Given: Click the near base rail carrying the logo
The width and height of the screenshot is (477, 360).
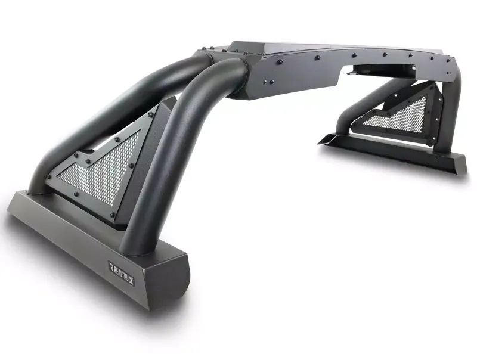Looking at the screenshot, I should pyautogui.click(x=78, y=232).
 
